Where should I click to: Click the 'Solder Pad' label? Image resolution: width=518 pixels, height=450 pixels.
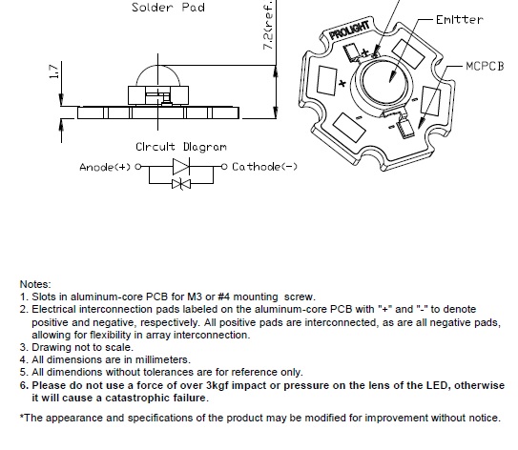pos(168,8)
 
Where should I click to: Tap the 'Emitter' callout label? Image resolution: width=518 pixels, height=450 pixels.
pos(460,20)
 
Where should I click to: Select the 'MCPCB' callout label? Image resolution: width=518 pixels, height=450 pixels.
pos(485,66)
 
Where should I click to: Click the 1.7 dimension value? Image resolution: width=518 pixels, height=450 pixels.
pos(53,72)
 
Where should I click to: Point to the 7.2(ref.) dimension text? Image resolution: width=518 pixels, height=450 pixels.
pos(269,25)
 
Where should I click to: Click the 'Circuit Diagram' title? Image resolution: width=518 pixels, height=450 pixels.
pos(181,147)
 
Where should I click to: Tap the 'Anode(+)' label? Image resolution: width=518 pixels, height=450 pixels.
pos(105,167)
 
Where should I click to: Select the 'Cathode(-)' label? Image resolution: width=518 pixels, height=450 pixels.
pos(264,167)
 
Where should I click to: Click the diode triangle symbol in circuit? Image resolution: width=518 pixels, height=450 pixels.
pos(181,166)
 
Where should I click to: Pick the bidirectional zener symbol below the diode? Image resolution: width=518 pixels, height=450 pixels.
pos(181,184)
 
